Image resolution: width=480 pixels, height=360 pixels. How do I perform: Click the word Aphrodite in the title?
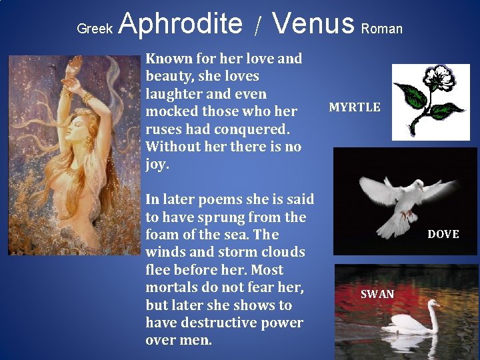pos(181,24)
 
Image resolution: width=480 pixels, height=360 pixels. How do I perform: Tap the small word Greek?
pos(95,29)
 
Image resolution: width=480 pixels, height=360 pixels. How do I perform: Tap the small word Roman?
pos(382,29)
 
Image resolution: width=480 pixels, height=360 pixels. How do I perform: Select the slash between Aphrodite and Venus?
pos(258,27)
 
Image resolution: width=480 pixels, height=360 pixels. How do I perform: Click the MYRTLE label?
pos(355,107)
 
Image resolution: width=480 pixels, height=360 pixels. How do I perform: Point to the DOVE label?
pos(443,234)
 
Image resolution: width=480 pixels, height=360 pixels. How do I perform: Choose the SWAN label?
pos(377,294)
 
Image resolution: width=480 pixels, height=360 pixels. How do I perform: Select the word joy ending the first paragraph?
pos(157,164)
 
